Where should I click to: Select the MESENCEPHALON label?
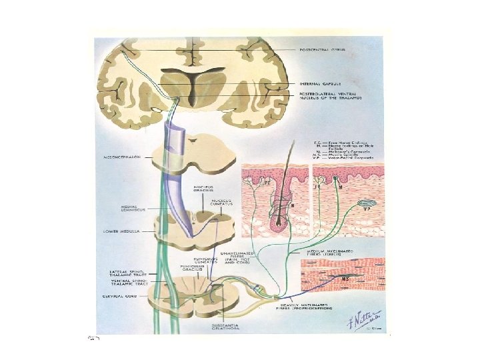(x=122, y=160)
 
